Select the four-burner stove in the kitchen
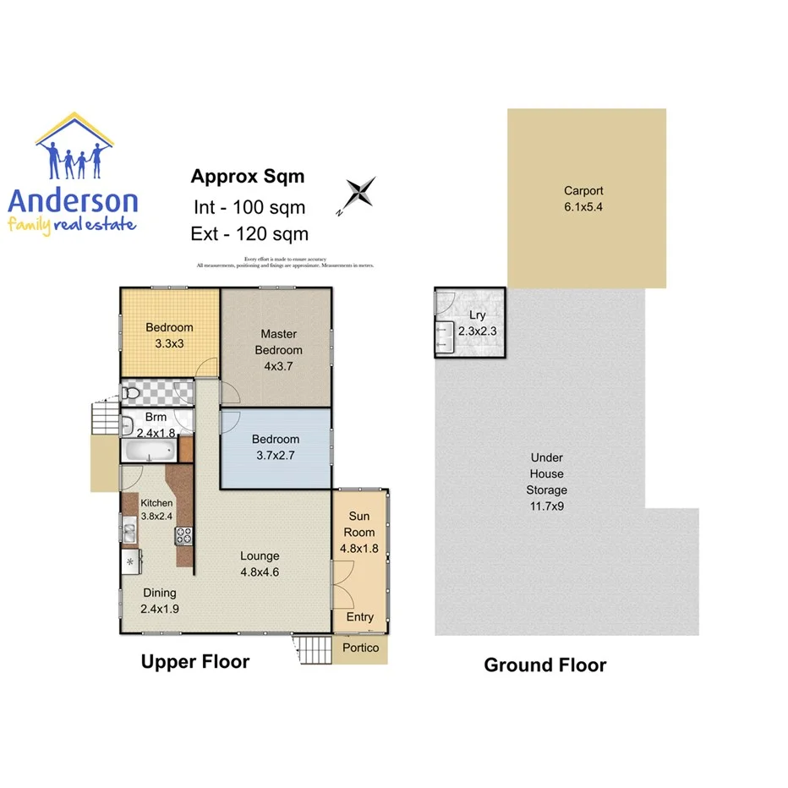click(183, 534)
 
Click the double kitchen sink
click(129, 533)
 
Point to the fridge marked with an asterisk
click(130, 561)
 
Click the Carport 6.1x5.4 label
click(584, 199)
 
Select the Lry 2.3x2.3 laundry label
click(477, 324)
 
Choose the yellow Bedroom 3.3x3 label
click(169, 336)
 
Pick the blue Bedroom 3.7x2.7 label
click(276, 447)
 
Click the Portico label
click(361, 648)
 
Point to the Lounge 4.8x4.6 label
click(259, 564)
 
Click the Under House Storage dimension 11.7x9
click(546, 506)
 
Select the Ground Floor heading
click(544, 665)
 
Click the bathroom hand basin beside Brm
click(127, 425)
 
